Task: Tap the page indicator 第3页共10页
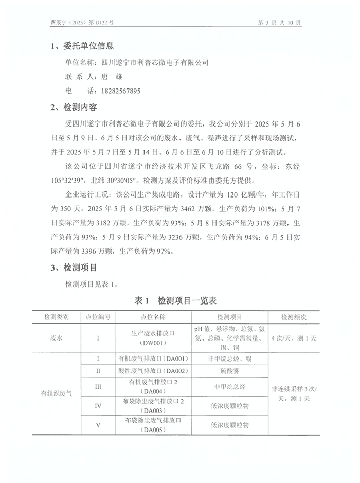(282, 22)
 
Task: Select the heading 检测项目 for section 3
(80, 268)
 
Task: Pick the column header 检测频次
(293, 317)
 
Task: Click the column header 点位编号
(98, 317)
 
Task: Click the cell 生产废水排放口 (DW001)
(152, 338)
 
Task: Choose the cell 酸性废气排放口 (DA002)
(152, 370)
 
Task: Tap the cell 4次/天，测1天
(293, 338)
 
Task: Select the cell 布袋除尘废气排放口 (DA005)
(152, 425)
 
